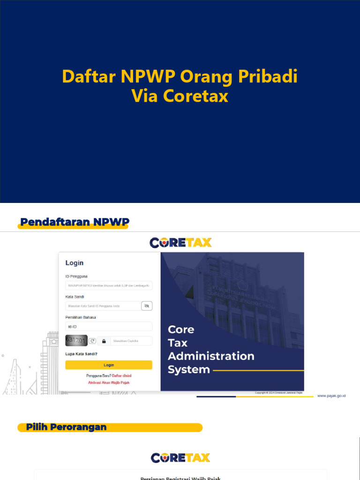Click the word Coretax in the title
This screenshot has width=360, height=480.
point(195,96)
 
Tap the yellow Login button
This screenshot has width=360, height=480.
point(109,365)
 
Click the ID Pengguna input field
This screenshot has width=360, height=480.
point(109,285)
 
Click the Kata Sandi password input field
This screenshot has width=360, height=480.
point(103,306)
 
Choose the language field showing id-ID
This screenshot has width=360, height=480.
point(109,326)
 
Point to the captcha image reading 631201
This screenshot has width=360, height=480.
point(76,340)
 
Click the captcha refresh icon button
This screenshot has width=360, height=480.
point(92,341)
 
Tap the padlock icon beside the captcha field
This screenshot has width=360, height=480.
point(104,341)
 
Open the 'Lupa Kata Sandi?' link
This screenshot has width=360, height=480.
point(82,354)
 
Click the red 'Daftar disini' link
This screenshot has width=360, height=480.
point(122,376)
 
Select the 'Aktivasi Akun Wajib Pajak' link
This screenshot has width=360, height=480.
point(109,382)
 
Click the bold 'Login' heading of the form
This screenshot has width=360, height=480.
point(75,263)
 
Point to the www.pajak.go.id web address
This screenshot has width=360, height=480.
point(331,396)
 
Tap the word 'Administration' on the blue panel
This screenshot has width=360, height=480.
point(211,356)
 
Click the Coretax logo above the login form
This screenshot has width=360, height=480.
point(180,242)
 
